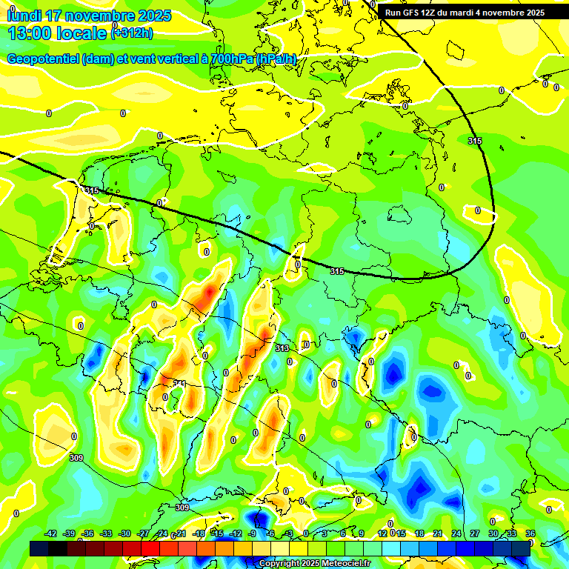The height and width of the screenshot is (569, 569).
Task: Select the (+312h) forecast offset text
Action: pos(133,33)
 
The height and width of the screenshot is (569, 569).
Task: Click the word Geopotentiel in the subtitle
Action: pos(44,59)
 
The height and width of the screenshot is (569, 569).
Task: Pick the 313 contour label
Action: pos(282,348)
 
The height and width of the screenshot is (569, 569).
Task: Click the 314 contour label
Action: pos(179,383)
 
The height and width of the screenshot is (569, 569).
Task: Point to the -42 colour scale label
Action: pos(51,533)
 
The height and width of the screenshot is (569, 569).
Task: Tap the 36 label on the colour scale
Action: pos(530,533)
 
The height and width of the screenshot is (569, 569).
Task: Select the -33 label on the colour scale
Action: pos(106,533)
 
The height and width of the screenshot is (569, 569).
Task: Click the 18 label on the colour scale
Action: pos(419,533)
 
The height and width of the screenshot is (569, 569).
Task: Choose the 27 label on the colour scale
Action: pos(474,533)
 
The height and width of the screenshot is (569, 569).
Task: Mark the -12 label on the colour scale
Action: pos(235,533)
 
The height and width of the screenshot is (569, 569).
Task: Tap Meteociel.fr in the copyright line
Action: pos(344,564)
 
